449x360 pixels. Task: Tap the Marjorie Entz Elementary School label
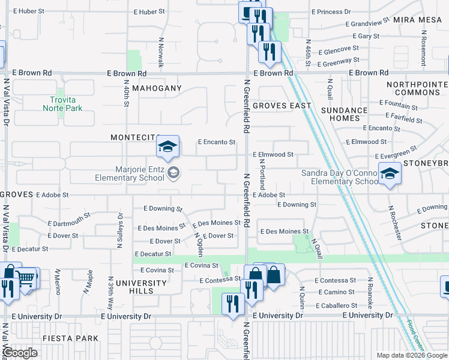click(x=130, y=173)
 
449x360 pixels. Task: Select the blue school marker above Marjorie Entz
click(x=168, y=146)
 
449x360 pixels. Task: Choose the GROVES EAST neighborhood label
click(x=282, y=106)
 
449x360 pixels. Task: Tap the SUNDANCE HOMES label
click(x=344, y=114)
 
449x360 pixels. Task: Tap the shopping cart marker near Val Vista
click(x=25, y=278)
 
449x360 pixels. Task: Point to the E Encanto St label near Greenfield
click(x=216, y=142)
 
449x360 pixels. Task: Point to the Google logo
click(x=20, y=353)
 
